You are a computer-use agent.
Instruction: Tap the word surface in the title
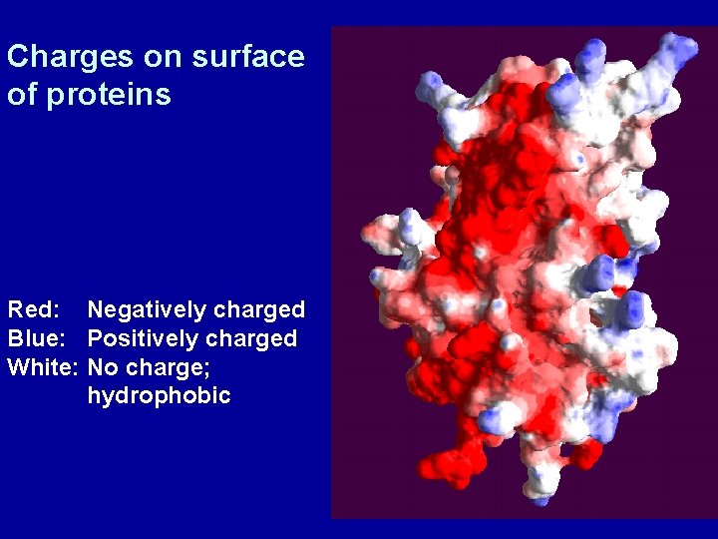(x=248, y=57)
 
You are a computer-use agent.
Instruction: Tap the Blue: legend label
(x=36, y=339)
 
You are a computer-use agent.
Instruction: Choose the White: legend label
(x=43, y=367)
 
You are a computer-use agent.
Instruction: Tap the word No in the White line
(x=102, y=367)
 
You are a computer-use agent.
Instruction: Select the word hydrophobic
(x=159, y=396)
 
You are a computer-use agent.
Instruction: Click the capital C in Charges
(x=16, y=57)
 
